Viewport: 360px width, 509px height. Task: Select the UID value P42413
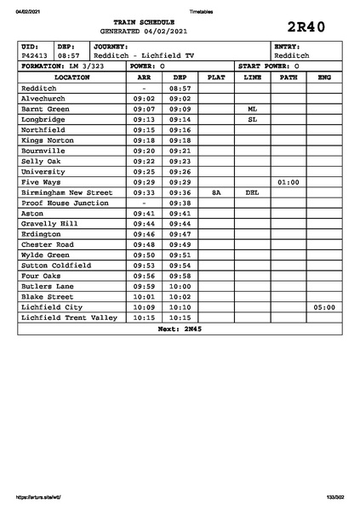(x=36, y=55)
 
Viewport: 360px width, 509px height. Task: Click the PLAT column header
(x=216, y=77)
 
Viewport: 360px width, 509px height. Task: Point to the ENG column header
(x=323, y=77)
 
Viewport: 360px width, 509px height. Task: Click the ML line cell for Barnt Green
(x=252, y=109)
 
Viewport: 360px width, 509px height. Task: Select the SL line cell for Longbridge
(x=252, y=119)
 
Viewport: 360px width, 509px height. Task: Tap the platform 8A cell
(x=216, y=192)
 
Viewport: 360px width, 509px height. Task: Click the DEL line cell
(x=252, y=192)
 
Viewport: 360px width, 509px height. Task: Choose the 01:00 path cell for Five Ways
(x=289, y=182)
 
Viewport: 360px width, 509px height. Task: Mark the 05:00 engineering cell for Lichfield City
(x=323, y=307)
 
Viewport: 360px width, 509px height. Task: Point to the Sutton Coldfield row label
(x=55, y=266)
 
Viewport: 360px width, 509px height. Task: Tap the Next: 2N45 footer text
(x=180, y=329)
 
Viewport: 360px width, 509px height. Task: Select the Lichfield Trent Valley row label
(x=69, y=317)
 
